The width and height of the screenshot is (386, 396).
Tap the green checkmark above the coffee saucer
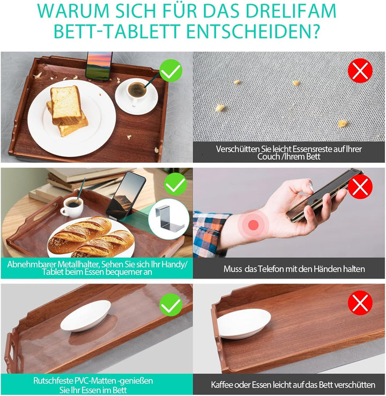171,70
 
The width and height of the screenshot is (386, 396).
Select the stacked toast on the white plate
68,110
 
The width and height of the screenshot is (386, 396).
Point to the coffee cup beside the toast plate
136,90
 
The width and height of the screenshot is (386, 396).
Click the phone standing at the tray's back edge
99,66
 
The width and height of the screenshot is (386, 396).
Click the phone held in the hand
322,195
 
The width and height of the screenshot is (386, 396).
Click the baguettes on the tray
91,236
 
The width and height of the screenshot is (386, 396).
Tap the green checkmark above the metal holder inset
175,185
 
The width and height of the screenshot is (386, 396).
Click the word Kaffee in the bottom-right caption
224,385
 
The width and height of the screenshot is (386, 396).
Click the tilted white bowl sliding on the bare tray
244,324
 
